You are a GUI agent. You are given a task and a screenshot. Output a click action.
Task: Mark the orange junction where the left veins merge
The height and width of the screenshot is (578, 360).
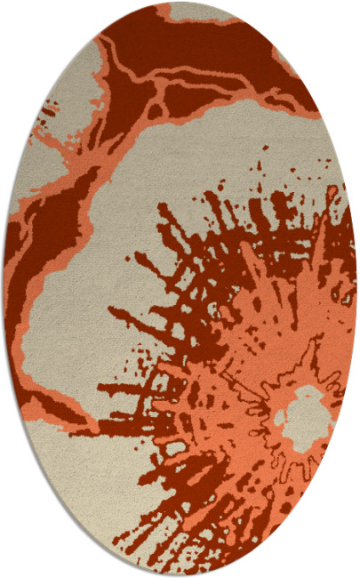click(89, 169)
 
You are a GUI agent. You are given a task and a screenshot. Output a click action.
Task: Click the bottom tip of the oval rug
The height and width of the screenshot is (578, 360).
click(181, 573)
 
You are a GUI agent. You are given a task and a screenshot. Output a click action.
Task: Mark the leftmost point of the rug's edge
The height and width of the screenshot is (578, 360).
click(5, 289)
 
